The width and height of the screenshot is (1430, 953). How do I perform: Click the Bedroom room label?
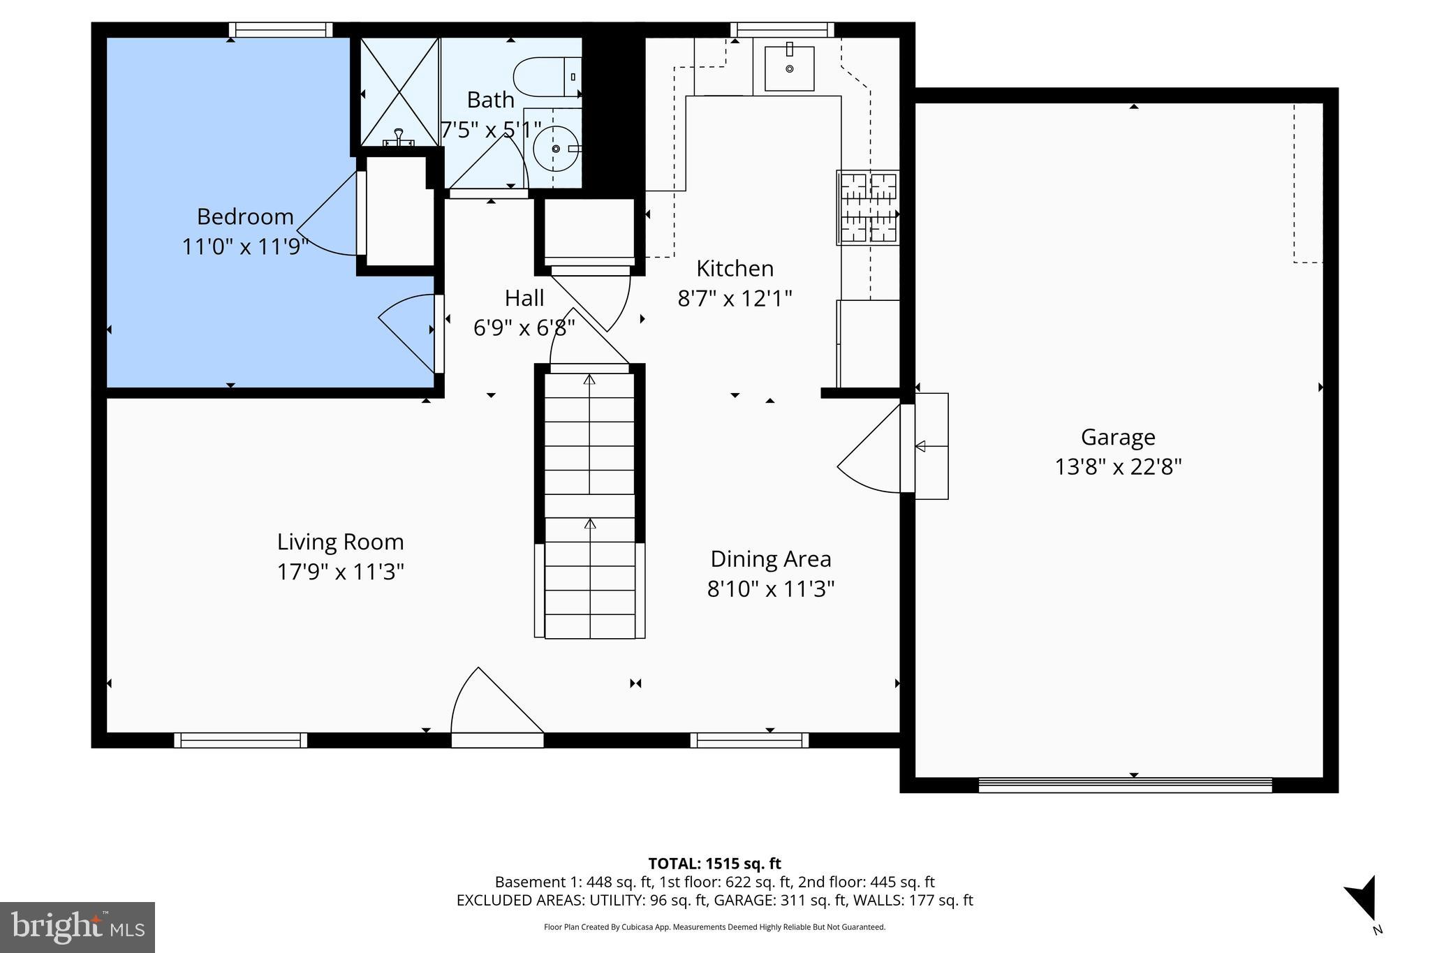[x=245, y=217]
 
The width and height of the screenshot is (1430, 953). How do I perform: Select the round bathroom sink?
[x=556, y=149]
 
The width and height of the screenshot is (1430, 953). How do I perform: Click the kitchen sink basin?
[x=789, y=68]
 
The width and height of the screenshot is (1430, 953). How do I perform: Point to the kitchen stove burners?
[x=868, y=207]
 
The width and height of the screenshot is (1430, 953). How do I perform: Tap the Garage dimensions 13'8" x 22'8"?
[x=1118, y=467]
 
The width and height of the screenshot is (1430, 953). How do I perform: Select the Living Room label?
[x=341, y=542]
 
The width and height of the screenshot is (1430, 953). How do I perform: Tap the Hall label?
[x=524, y=299]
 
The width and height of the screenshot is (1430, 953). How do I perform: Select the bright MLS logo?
[x=78, y=927]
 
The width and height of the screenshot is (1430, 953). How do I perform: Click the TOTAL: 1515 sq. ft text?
[x=714, y=864]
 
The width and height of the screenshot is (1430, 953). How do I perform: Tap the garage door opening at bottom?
[x=1125, y=785]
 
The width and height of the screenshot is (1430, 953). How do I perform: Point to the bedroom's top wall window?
[x=281, y=30]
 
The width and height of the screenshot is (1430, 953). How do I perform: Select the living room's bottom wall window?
[x=240, y=740]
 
